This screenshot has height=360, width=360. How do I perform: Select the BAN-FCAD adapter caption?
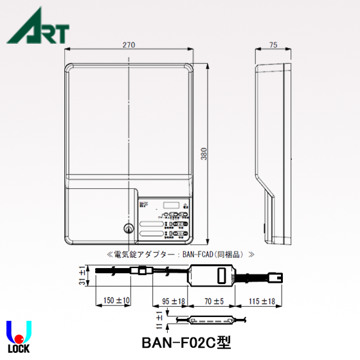[x=179, y=255]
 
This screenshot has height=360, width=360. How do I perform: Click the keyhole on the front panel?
[x=127, y=228]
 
